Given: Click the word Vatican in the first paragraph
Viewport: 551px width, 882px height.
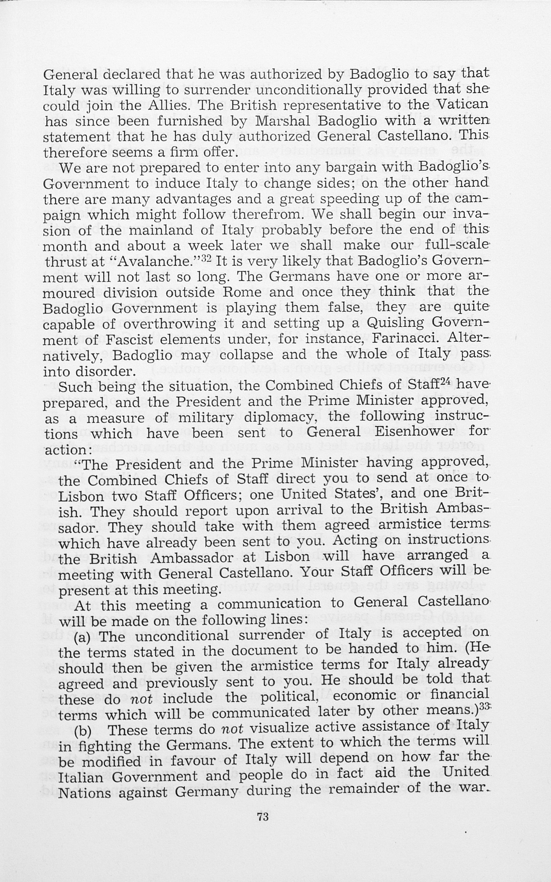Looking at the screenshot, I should point(462,104).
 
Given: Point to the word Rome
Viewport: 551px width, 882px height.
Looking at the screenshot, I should point(242,292).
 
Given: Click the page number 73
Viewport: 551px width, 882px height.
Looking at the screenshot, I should point(263,816).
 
